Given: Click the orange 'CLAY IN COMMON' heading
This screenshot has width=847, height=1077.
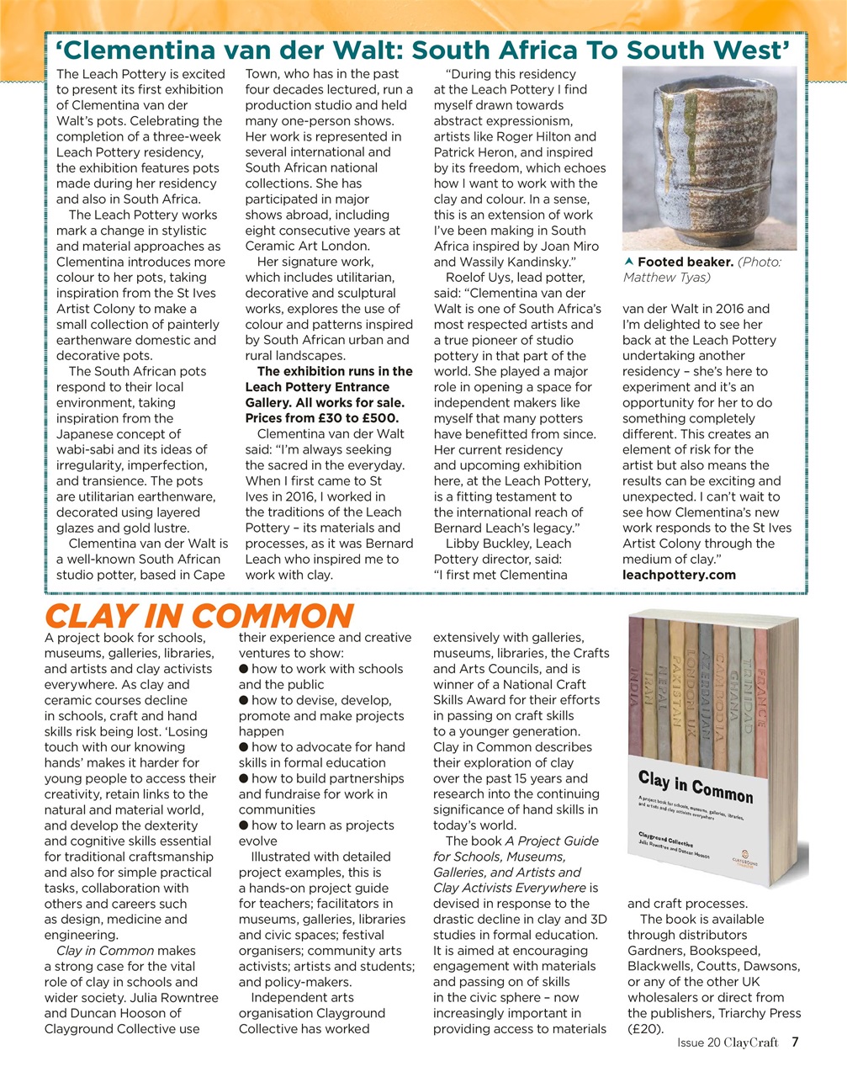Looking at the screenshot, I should coord(198,615).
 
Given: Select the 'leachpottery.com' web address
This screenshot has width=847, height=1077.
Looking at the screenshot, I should coord(679,576).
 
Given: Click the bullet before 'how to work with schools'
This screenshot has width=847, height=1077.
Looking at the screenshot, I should coord(243,669).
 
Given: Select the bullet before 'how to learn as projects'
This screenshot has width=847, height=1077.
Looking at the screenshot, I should coord(243,825).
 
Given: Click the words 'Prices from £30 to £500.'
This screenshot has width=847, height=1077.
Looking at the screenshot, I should coord(321,418).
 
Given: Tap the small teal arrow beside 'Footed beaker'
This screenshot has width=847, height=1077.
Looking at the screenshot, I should coord(627,262).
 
